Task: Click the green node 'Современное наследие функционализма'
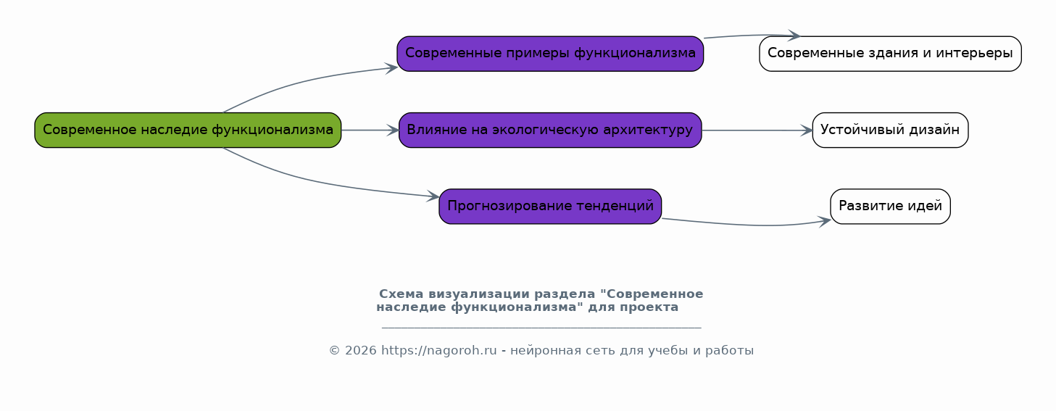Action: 188,130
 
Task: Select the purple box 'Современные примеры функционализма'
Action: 550,54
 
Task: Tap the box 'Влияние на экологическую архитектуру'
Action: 550,130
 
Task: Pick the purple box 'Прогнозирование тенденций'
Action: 550,207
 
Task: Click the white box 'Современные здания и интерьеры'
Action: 890,54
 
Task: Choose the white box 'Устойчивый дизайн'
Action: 890,130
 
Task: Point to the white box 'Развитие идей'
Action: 890,207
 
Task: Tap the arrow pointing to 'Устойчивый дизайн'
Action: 757,130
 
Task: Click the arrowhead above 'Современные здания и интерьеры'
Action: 794,36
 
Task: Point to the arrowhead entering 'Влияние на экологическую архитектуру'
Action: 393,130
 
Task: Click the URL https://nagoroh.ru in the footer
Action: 439,351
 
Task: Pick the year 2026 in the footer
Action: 361,351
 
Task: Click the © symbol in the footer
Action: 334,351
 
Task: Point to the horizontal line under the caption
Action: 541,327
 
